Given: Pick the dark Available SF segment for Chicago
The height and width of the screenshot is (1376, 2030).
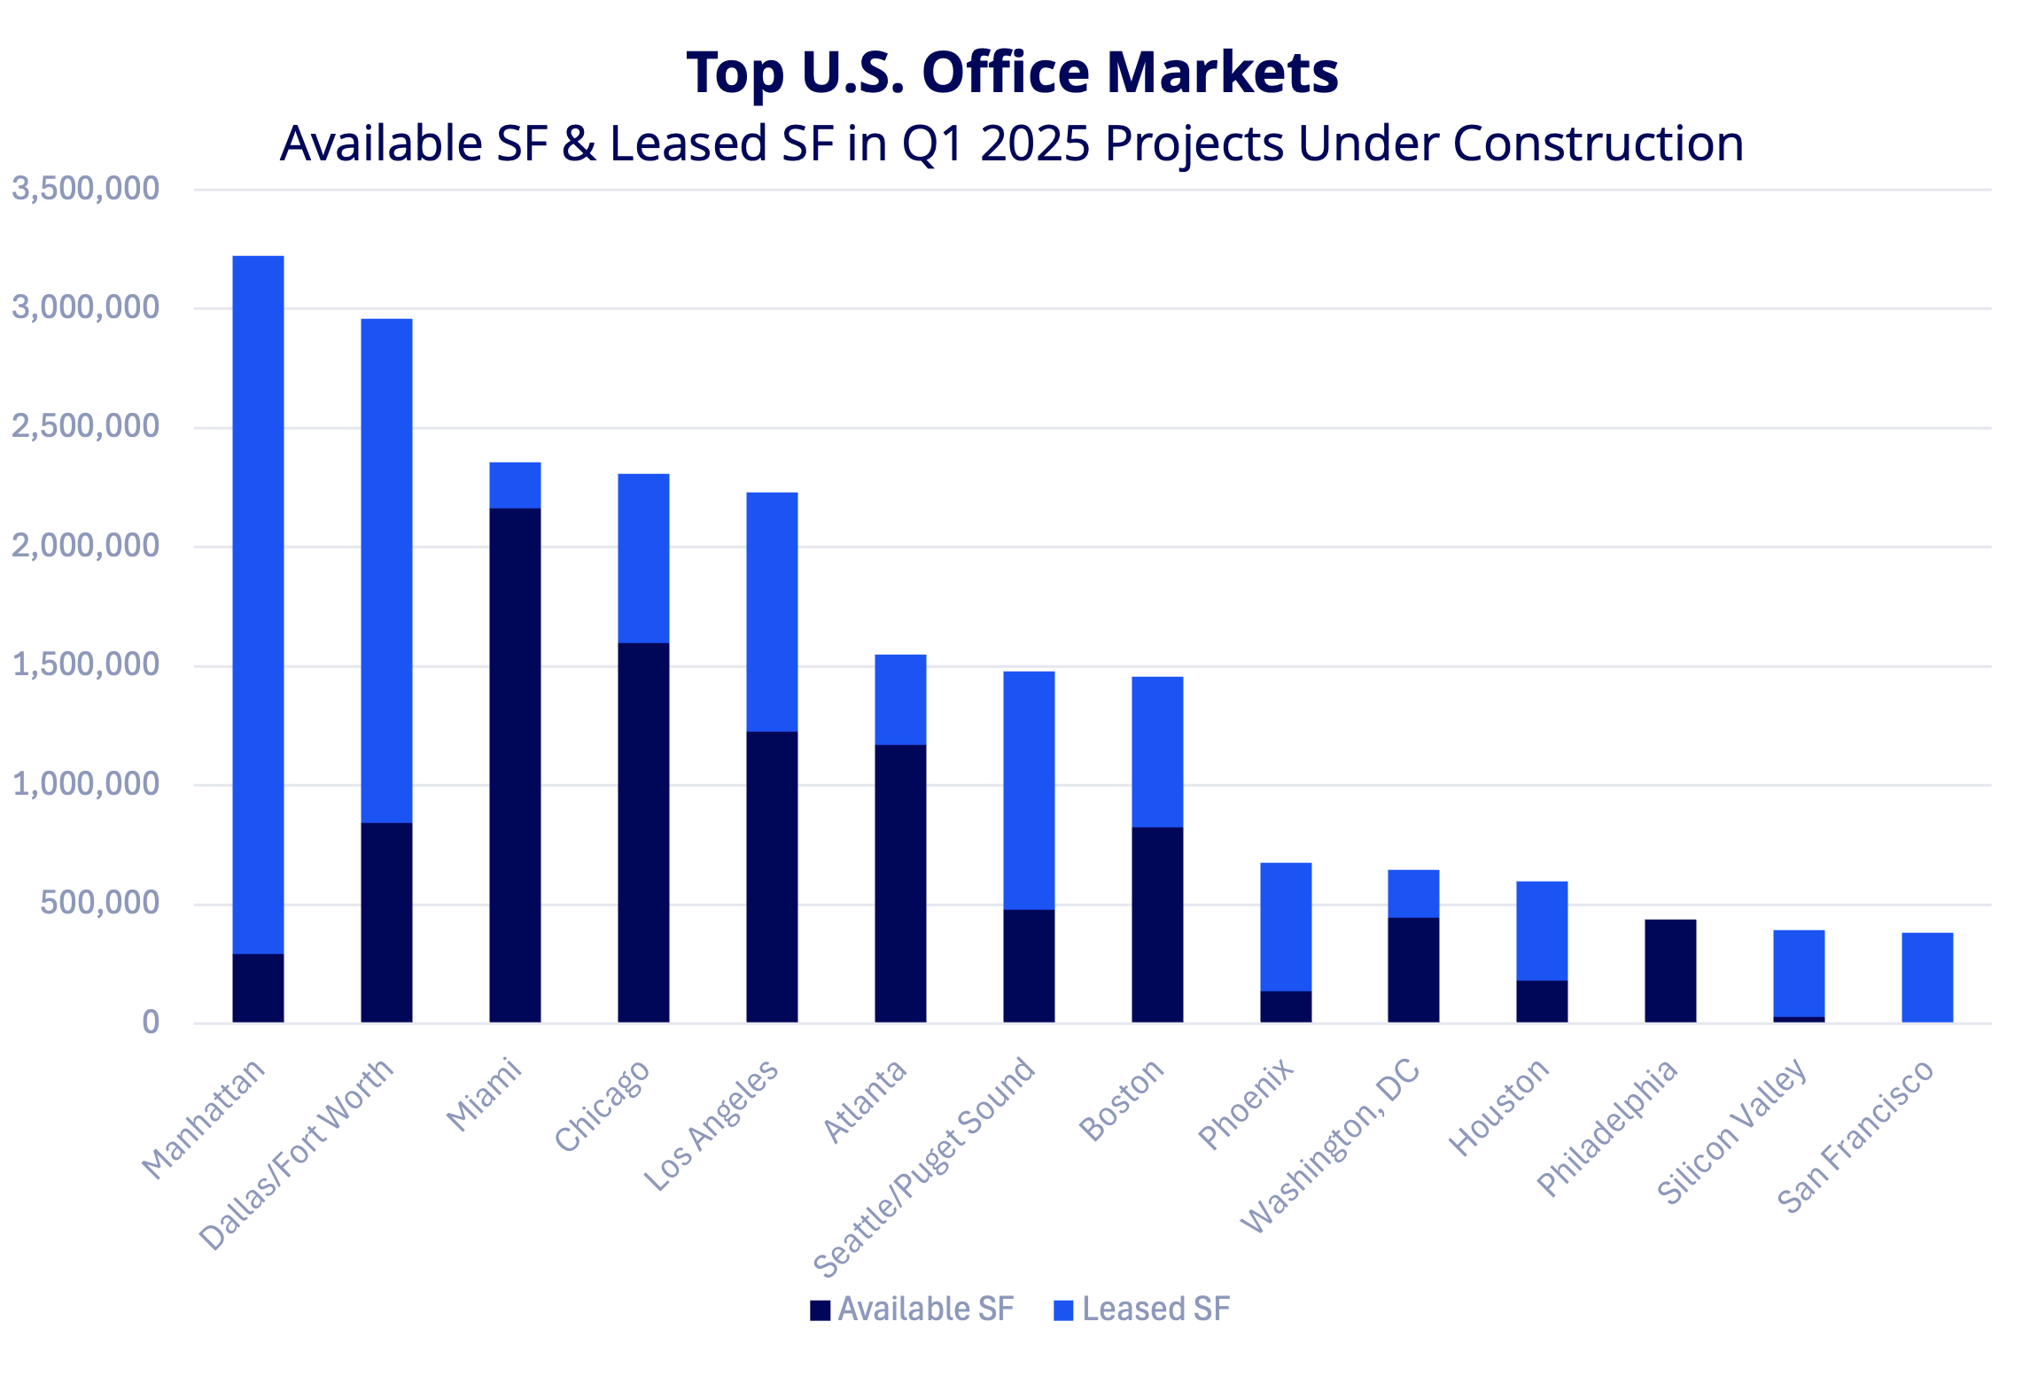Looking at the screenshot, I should coord(643,832).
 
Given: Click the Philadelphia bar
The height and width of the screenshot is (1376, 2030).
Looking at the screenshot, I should coord(1670,970).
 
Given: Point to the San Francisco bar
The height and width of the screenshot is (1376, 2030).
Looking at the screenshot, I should coord(1927,977).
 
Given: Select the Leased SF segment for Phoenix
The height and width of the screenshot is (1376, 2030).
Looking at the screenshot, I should coord(1286,926).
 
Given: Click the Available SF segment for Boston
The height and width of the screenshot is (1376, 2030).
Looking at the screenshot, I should coord(1157,924).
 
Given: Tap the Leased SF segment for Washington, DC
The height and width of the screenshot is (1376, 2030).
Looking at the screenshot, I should coord(1413,893).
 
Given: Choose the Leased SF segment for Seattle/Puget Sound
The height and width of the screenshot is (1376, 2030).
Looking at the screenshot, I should coord(1029,789).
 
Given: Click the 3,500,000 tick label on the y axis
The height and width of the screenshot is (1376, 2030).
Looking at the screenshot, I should coord(86,189).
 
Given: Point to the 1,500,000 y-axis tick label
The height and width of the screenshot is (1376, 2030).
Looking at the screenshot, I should coord(86,665).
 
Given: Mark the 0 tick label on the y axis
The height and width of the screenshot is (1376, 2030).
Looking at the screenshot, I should coord(151,1022).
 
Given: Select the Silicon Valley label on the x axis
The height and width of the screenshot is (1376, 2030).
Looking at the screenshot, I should coord(1732,1131).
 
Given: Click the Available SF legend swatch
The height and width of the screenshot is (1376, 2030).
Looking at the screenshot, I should coord(820,1310).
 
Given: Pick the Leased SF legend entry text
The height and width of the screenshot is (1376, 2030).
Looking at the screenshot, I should coord(1155,1309).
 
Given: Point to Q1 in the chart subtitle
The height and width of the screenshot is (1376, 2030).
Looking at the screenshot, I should coord(933,144).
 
